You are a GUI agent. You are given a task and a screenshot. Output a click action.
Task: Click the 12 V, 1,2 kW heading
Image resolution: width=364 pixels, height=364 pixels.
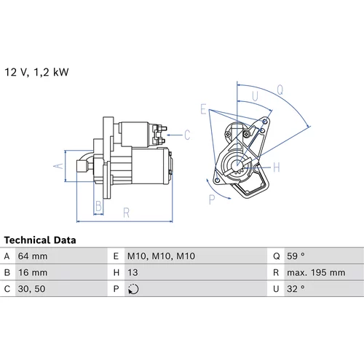point(36,72)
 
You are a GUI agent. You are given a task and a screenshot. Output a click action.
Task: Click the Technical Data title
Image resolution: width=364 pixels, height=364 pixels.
point(40,240)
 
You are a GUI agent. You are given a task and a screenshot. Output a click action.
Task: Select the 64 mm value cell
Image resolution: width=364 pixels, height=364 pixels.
point(33,256)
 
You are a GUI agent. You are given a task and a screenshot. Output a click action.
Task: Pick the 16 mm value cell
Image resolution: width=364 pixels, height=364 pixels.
point(33,272)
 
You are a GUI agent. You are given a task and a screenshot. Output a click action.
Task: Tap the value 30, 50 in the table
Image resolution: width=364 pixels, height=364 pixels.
point(31,289)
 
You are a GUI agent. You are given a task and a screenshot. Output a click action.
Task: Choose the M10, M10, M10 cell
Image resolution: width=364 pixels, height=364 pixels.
point(161,256)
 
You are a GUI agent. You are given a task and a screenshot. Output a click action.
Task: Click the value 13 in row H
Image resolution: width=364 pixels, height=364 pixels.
point(132,272)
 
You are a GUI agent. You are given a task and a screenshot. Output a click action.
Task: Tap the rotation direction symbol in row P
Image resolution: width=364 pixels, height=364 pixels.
point(133,289)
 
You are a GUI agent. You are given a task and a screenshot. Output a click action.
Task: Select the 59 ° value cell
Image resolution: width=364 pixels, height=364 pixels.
point(296,256)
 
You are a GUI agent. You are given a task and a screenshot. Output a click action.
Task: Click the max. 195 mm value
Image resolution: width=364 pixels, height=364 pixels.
point(316,272)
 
